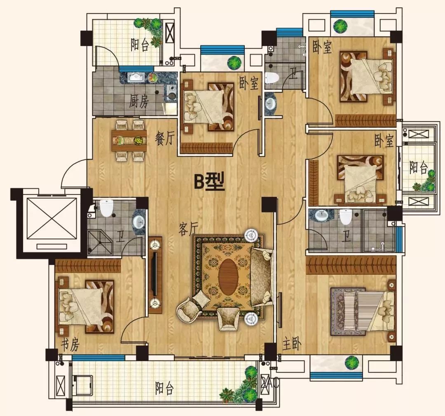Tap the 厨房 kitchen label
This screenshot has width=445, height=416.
click(x=139, y=101)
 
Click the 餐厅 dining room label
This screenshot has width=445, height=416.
click(x=164, y=138)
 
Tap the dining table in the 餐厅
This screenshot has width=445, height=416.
click(x=129, y=140)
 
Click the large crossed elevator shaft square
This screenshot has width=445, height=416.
click(x=52, y=218)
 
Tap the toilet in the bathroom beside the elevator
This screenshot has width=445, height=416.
click(x=106, y=208)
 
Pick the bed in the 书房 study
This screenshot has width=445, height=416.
click(x=80, y=306)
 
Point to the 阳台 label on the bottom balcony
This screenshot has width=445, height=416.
click(x=164, y=388)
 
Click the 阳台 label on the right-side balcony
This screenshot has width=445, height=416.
click(x=418, y=167)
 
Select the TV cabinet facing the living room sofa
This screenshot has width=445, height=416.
click(x=155, y=275)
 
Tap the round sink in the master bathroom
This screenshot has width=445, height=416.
click(x=321, y=215)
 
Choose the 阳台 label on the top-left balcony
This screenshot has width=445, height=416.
click(x=140, y=44)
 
